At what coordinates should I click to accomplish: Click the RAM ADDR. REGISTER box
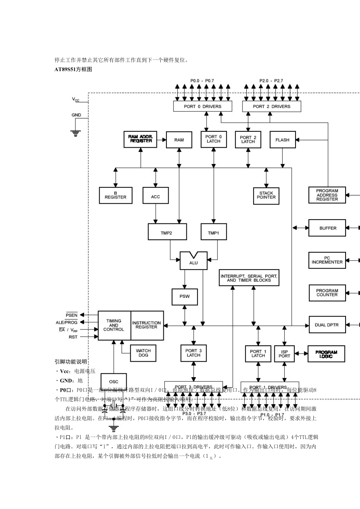[x=140, y=139]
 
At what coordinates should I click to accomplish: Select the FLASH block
[x=282, y=140]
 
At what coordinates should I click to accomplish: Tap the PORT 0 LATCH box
[x=213, y=139]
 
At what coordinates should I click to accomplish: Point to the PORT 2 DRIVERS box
[x=271, y=106]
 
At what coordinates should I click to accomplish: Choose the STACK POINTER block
[x=266, y=195]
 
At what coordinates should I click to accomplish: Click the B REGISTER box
[x=116, y=195]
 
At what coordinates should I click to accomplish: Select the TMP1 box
[x=213, y=232]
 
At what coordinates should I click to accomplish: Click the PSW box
[x=185, y=296]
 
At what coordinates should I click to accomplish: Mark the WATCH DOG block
[x=143, y=353]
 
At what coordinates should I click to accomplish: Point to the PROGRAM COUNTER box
[x=327, y=293]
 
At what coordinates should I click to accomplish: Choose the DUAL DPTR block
[x=327, y=325]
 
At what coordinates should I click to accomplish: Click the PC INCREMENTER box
[x=327, y=260]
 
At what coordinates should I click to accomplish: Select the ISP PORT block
[x=284, y=354]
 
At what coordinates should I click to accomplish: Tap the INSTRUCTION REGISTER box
[x=147, y=325]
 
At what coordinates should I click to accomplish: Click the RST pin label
[x=73, y=337]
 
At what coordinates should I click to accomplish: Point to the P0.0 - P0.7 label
[x=202, y=81]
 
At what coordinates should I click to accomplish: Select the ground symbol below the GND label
[x=76, y=133]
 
